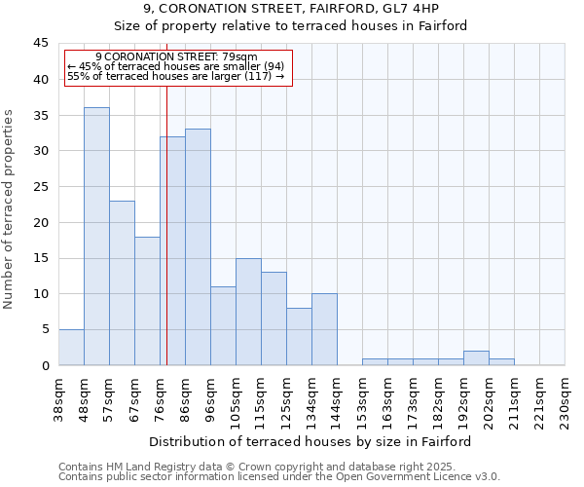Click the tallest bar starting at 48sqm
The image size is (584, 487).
tap(96, 237)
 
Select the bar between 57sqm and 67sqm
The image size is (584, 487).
tap(122, 282)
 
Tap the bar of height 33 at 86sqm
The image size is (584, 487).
tap(198, 247)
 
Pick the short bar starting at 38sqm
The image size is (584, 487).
tap(71, 348)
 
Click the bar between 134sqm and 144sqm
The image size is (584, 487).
tap(324, 329)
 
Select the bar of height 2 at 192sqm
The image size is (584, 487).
tap(476, 358)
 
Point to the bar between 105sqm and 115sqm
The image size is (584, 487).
tap(248, 312)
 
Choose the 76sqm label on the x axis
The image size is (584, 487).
tap(161, 397)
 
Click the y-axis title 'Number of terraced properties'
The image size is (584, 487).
tap(10, 209)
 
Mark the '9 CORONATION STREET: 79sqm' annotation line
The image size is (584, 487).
tap(177, 57)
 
